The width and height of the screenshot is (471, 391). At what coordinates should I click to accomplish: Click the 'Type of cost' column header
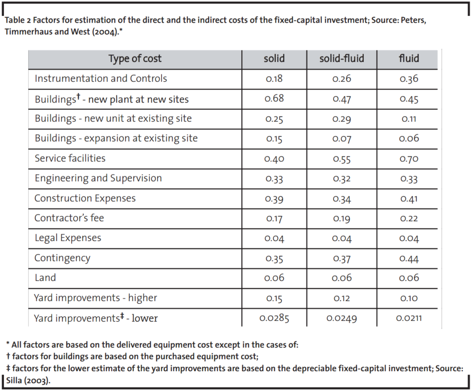(x=135, y=59)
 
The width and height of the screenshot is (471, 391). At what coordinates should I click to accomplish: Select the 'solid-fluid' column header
(x=342, y=59)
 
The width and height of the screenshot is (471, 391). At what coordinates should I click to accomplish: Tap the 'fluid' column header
(x=409, y=59)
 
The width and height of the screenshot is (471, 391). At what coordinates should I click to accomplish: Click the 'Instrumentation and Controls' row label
(x=101, y=78)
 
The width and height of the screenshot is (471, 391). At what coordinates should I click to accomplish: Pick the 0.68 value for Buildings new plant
(x=274, y=99)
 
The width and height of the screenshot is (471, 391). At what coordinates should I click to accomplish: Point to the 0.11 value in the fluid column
(x=409, y=119)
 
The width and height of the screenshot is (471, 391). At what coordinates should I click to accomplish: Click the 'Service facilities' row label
(x=70, y=158)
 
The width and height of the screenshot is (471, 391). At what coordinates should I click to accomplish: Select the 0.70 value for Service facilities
(x=409, y=159)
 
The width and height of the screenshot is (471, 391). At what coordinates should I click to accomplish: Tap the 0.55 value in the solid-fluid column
(x=342, y=159)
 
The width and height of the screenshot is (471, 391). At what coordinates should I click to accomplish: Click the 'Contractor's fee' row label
(x=69, y=218)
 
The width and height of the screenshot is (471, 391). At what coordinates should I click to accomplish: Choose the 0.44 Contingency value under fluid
(x=409, y=259)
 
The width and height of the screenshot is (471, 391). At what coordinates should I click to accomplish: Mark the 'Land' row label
(x=45, y=277)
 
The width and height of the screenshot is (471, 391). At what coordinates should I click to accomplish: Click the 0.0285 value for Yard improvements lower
(x=274, y=318)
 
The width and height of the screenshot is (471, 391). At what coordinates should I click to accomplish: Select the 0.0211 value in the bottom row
(x=409, y=318)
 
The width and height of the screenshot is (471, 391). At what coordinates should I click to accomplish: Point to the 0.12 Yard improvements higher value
(x=342, y=298)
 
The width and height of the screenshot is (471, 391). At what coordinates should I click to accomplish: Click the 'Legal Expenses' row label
(x=68, y=238)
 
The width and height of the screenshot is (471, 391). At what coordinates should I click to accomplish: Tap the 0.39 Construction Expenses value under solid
(x=274, y=199)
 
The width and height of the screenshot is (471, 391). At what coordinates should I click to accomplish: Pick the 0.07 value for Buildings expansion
(x=342, y=139)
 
